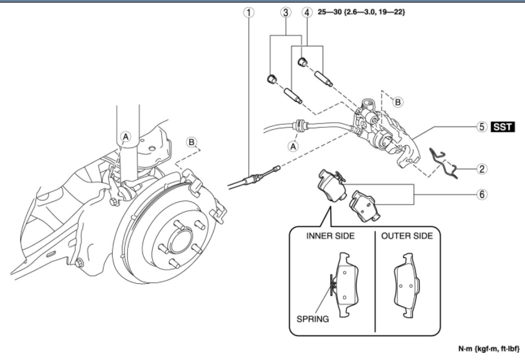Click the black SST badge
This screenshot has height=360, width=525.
[503, 126]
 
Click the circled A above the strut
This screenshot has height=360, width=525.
[126, 136]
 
